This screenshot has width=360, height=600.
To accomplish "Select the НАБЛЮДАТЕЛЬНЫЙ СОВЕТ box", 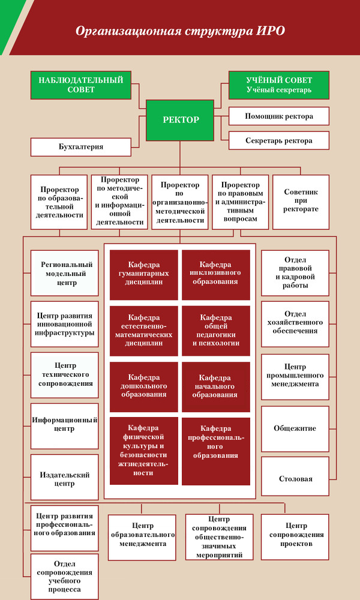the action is pos(81,85).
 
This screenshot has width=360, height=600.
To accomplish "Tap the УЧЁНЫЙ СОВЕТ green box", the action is pos(279,85).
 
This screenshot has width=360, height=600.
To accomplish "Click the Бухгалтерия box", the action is pos(81,147).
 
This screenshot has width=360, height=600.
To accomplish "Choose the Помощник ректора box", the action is pos(279,116).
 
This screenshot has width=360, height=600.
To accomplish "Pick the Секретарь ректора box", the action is pos(279,140).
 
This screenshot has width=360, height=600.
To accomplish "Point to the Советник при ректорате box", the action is pos(301,202).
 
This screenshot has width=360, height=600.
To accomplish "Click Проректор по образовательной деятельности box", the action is pos(59,202).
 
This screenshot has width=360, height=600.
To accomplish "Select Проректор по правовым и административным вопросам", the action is pos(240,202).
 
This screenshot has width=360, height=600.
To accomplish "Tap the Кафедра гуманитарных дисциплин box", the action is pos(144,275).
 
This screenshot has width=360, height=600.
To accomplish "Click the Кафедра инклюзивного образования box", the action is pos(216,275).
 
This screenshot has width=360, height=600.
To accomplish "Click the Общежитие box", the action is pos(295,428).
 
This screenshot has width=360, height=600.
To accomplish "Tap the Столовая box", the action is pos(295,479).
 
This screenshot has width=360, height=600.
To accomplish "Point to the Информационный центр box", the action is pos(65,426).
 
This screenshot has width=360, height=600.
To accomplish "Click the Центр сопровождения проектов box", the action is pos(295,537).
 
